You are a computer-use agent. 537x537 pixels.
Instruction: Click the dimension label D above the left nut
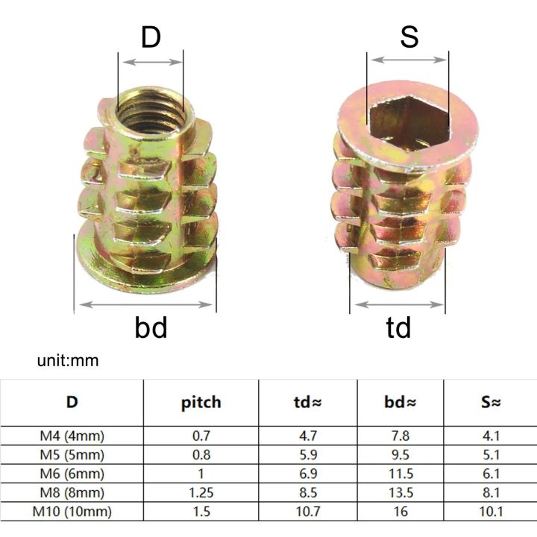(151, 37)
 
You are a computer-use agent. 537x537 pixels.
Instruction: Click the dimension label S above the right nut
(409, 37)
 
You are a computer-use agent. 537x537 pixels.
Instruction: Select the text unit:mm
(68, 361)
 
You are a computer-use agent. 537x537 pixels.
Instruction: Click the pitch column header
(201, 403)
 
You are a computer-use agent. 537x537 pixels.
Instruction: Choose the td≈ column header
(307, 403)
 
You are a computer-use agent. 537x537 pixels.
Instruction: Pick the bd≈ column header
(401, 403)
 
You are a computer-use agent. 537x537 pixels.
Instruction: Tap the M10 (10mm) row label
(72, 512)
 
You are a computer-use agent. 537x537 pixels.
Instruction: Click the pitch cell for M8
(201, 493)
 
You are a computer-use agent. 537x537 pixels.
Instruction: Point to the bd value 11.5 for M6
(401, 474)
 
